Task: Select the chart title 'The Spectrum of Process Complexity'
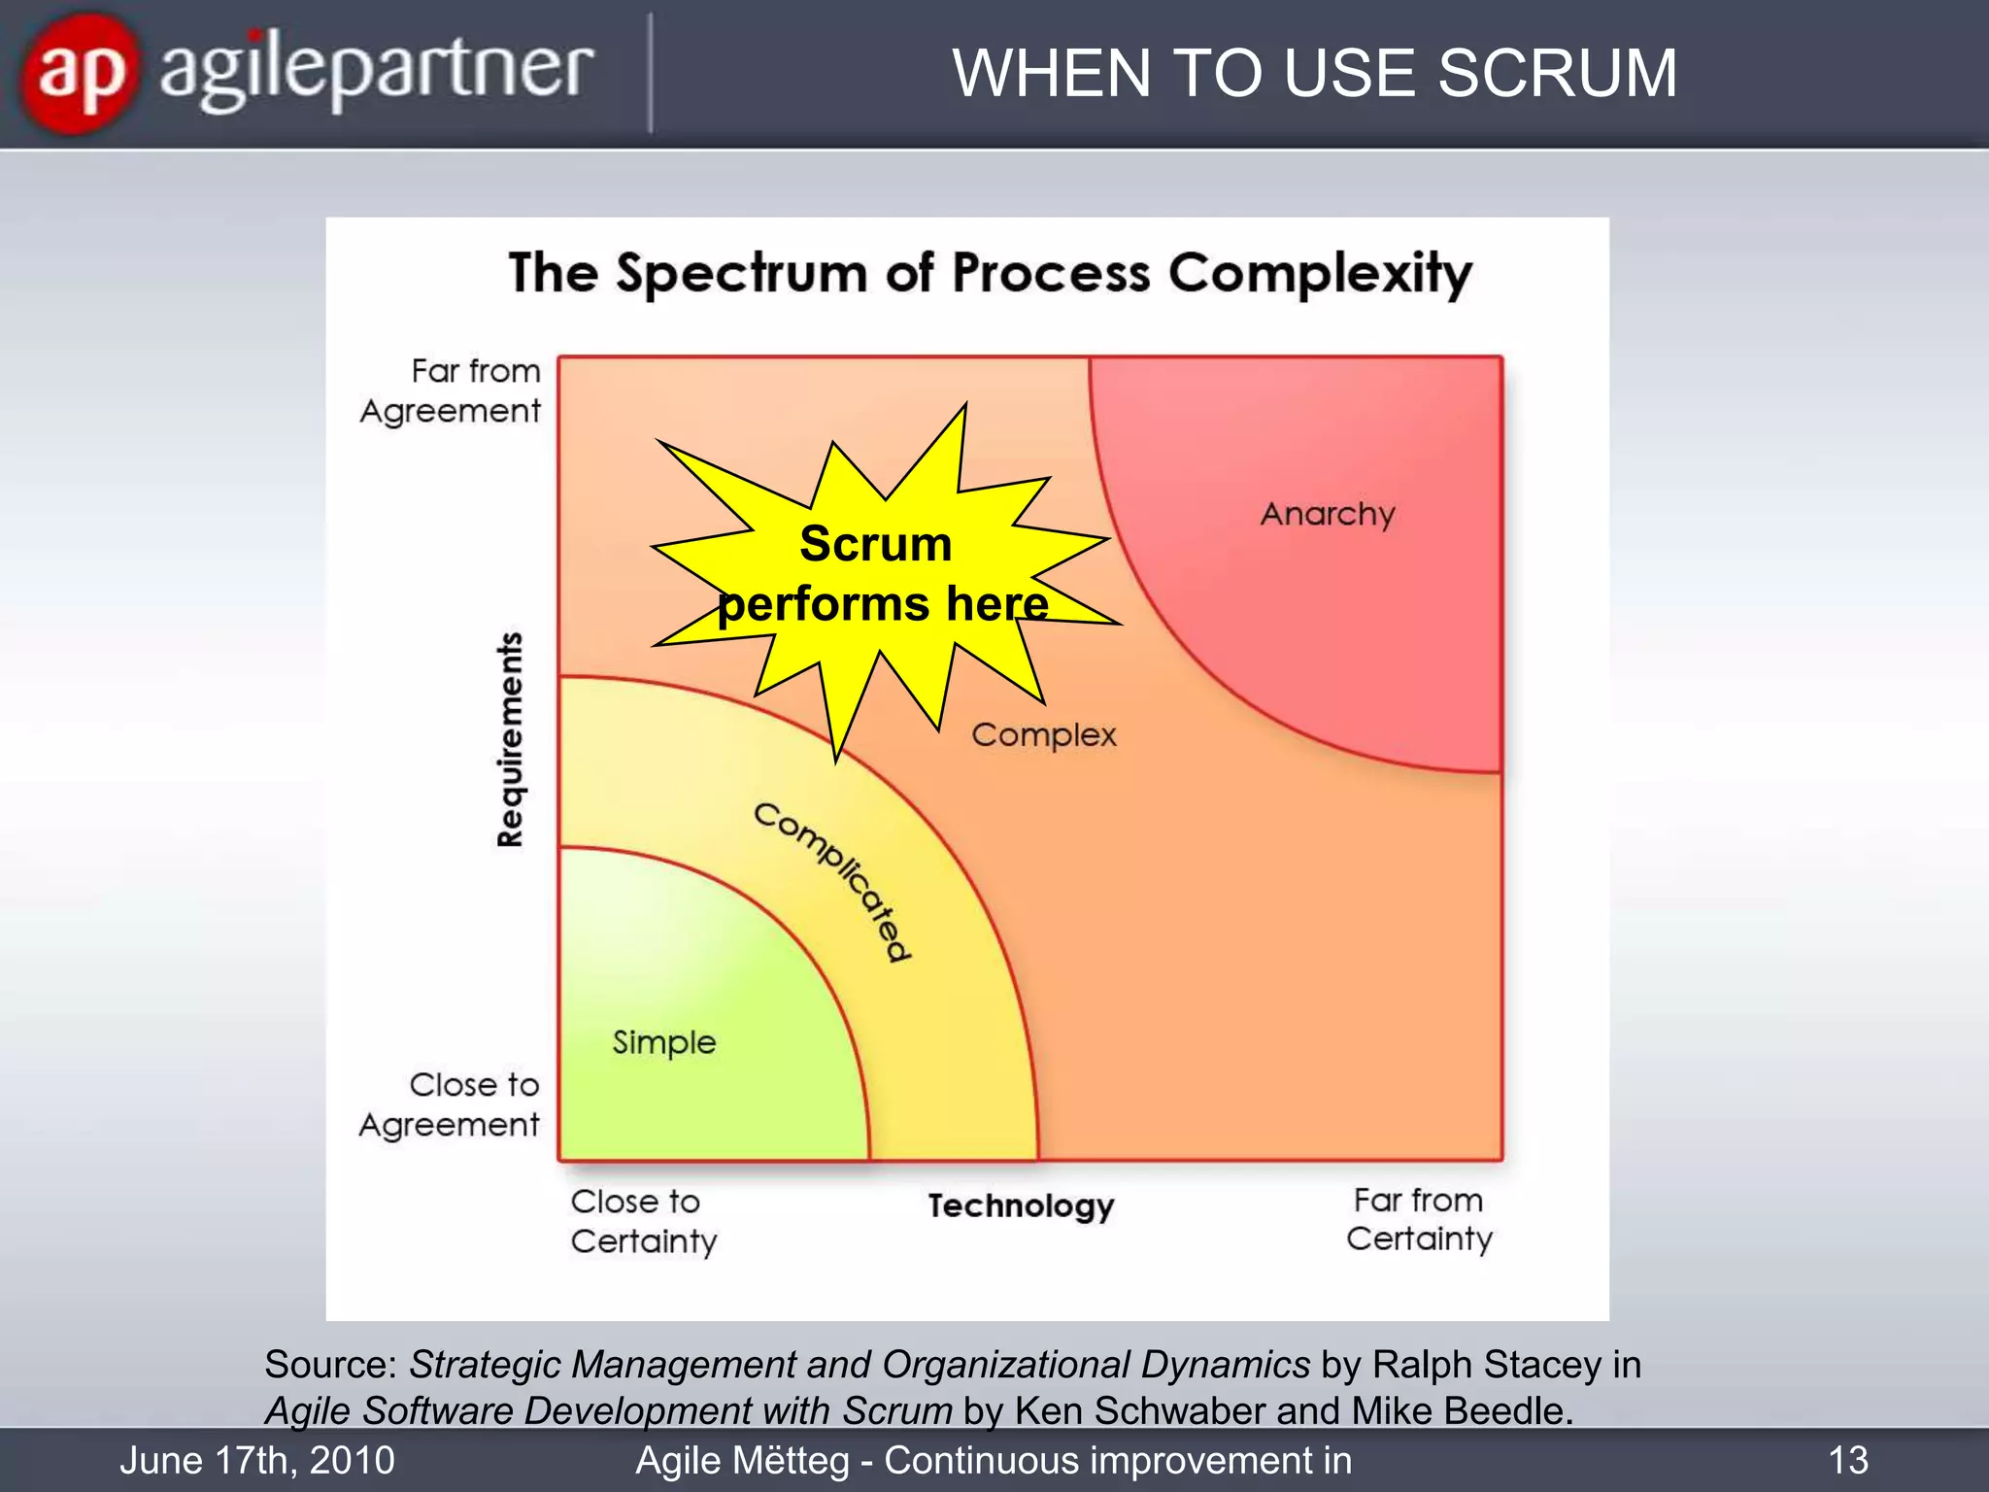point(990,273)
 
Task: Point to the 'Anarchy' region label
point(1327,514)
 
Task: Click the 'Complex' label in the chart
point(1044,735)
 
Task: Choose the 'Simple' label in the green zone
point(664,1042)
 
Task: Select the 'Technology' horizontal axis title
point(1021,1205)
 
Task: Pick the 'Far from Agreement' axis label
point(452,390)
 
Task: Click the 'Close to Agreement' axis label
point(450,1104)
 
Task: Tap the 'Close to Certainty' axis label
point(643,1221)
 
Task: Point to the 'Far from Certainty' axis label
point(1419,1219)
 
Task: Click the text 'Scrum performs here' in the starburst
point(881,574)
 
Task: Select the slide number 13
point(1847,1460)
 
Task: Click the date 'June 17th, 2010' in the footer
point(257,1460)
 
